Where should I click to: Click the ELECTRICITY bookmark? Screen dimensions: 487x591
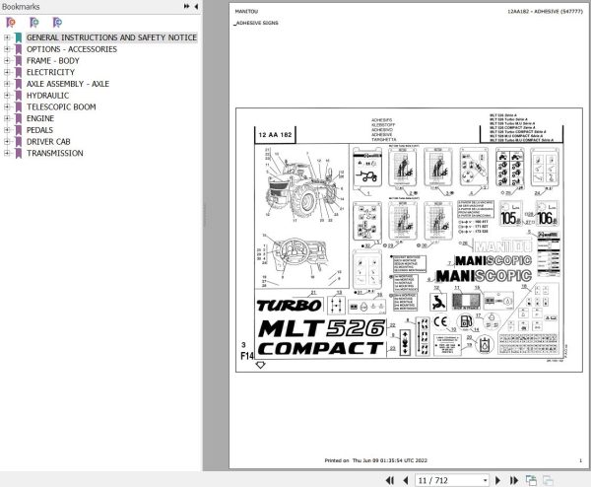50,72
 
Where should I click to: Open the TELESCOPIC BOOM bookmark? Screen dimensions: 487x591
61,106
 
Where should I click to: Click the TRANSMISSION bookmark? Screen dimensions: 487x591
55,153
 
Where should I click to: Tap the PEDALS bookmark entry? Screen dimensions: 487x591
40,129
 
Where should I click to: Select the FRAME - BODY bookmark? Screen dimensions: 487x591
53,60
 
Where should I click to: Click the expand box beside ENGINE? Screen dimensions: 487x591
7,118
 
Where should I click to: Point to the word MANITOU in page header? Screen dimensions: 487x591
245,10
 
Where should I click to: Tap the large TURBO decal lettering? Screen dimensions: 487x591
282,306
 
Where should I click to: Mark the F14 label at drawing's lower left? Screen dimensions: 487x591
246,352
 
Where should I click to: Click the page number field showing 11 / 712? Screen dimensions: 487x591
432,479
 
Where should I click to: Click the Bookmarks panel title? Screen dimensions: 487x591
21,6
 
